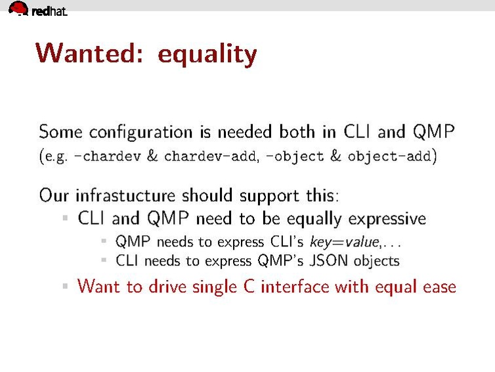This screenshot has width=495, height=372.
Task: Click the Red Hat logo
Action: (x=37, y=9)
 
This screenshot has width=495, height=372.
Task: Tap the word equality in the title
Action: (x=207, y=55)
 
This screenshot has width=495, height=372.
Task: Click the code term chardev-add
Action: (x=204, y=157)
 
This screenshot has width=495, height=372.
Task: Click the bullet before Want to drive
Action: (x=65, y=287)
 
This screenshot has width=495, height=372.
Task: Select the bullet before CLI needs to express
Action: (x=104, y=260)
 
